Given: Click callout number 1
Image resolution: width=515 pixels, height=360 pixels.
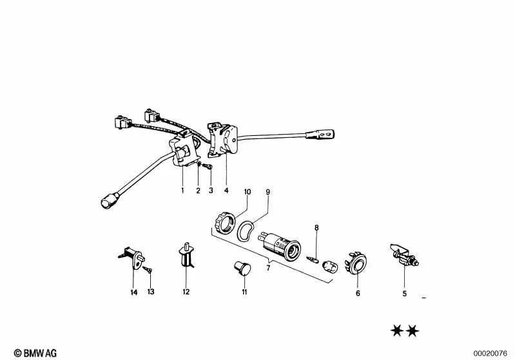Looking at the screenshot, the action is pos(182,191).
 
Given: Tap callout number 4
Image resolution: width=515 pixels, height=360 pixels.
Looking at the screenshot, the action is pos(226,191).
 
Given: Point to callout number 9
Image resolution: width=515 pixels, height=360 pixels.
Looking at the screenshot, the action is pos(268,193).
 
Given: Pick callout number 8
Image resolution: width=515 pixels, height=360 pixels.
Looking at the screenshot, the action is pos(316,227).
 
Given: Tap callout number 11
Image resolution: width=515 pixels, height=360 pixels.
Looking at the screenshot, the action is pos(245,292).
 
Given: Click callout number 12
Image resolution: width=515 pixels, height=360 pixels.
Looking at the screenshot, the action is pos(186,292).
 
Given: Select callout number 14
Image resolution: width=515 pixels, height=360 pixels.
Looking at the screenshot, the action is pos(134,292).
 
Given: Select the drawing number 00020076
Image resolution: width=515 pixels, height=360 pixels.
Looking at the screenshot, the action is pos(492,353).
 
